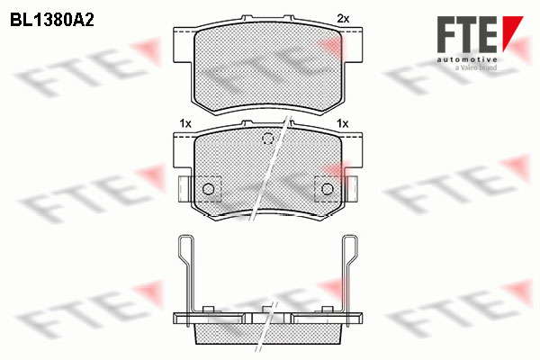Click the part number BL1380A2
tap(52, 21)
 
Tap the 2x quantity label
tap(343, 19)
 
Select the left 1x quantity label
tap(185, 123)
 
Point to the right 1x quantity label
tap(343, 123)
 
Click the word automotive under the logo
tap(467, 60)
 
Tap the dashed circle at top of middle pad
tap(267, 139)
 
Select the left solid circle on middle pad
tap(209, 189)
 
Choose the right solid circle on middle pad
tap(328, 189)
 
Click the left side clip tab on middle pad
tap(184, 189)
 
